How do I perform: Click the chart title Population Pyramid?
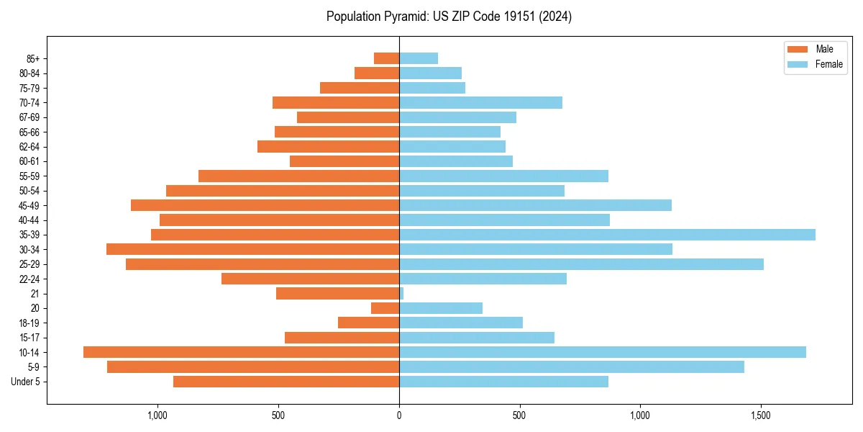pyautogui.click(x=449, y=17)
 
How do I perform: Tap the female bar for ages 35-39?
pyautogui.click(x=607, y=235)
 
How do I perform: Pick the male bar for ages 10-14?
pyautogui.click(x=241, y=352)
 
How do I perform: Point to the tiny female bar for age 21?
pyautogui.click(x=401, y=293)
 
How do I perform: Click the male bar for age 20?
pyautogui.click(x=385, y=308)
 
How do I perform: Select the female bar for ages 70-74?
pyautogui.click(x=480, y=103)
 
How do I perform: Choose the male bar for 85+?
pyautogui.click(x=387, y=58)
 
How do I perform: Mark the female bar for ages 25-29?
pyautogui.click(x=581, y=264)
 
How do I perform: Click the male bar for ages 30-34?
pyautogui.click(x=252, y=249)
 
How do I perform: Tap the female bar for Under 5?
pyautogui.click(x=503, y=382)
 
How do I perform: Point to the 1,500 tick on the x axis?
pyautogui.click(x=760, y=415)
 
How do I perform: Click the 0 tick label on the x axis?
pyautogui.click(x=399, y=415)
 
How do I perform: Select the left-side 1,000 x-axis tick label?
pyautogui.click(x=157, y=415)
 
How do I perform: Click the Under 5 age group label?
pyautogui.click(x=26, y=382)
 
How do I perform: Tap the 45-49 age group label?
pyautogui.click(x=29, y=205)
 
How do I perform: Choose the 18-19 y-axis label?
pyautogui.click(x=29, y=323)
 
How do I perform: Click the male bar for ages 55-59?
pyautogui.click(x=298, y=176)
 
